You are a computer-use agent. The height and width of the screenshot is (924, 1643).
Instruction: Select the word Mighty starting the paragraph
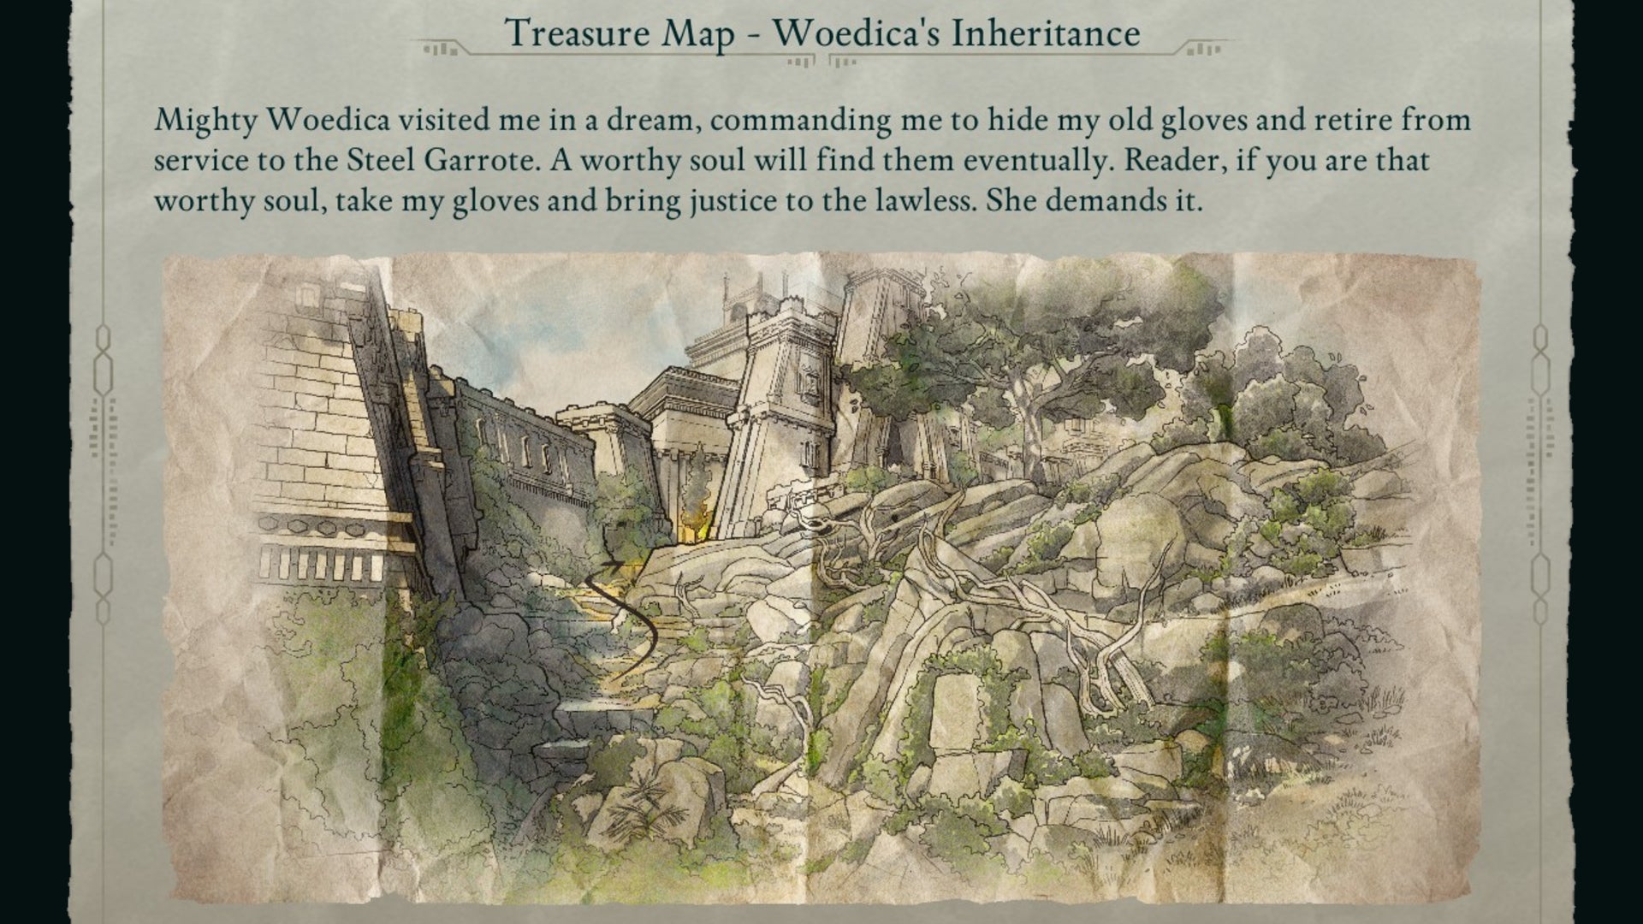pos(205,121)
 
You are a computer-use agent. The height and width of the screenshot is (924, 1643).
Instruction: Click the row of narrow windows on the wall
pos(524,451)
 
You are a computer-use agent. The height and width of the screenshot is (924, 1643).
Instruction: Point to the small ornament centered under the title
pos(821,61)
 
